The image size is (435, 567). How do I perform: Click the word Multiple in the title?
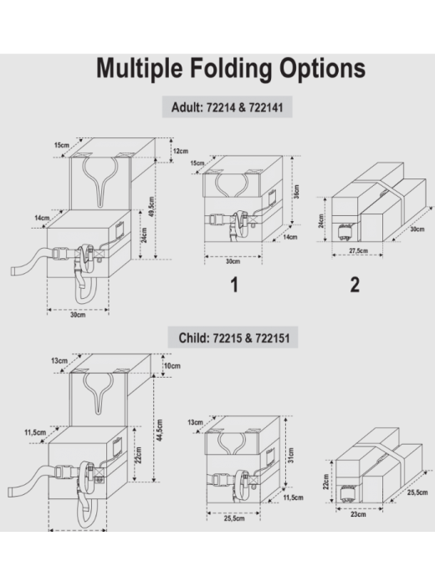(139, 68)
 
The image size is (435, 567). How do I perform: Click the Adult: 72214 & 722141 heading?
(228, 107)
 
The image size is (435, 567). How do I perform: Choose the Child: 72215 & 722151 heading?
(234, 338)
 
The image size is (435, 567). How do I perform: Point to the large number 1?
(234, 285)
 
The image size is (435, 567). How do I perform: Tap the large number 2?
(356, 285)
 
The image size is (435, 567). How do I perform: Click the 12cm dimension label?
(181, 151)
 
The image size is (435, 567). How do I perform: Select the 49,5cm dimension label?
(151, 206)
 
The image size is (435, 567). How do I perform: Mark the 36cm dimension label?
(296, 192)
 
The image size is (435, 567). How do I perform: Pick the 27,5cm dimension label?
(358, 250)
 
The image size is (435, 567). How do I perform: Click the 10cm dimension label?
(172, 366)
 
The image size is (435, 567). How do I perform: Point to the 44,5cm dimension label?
(160, 430)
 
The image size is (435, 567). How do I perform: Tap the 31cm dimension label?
(291, 455)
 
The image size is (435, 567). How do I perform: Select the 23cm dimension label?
(358, 514)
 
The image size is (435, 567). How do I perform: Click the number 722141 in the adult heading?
(266, 107)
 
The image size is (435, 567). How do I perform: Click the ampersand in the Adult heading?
(242, 107)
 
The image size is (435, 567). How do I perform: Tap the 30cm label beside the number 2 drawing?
(417, 229)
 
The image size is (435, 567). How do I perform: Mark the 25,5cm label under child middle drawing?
(234, 518)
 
